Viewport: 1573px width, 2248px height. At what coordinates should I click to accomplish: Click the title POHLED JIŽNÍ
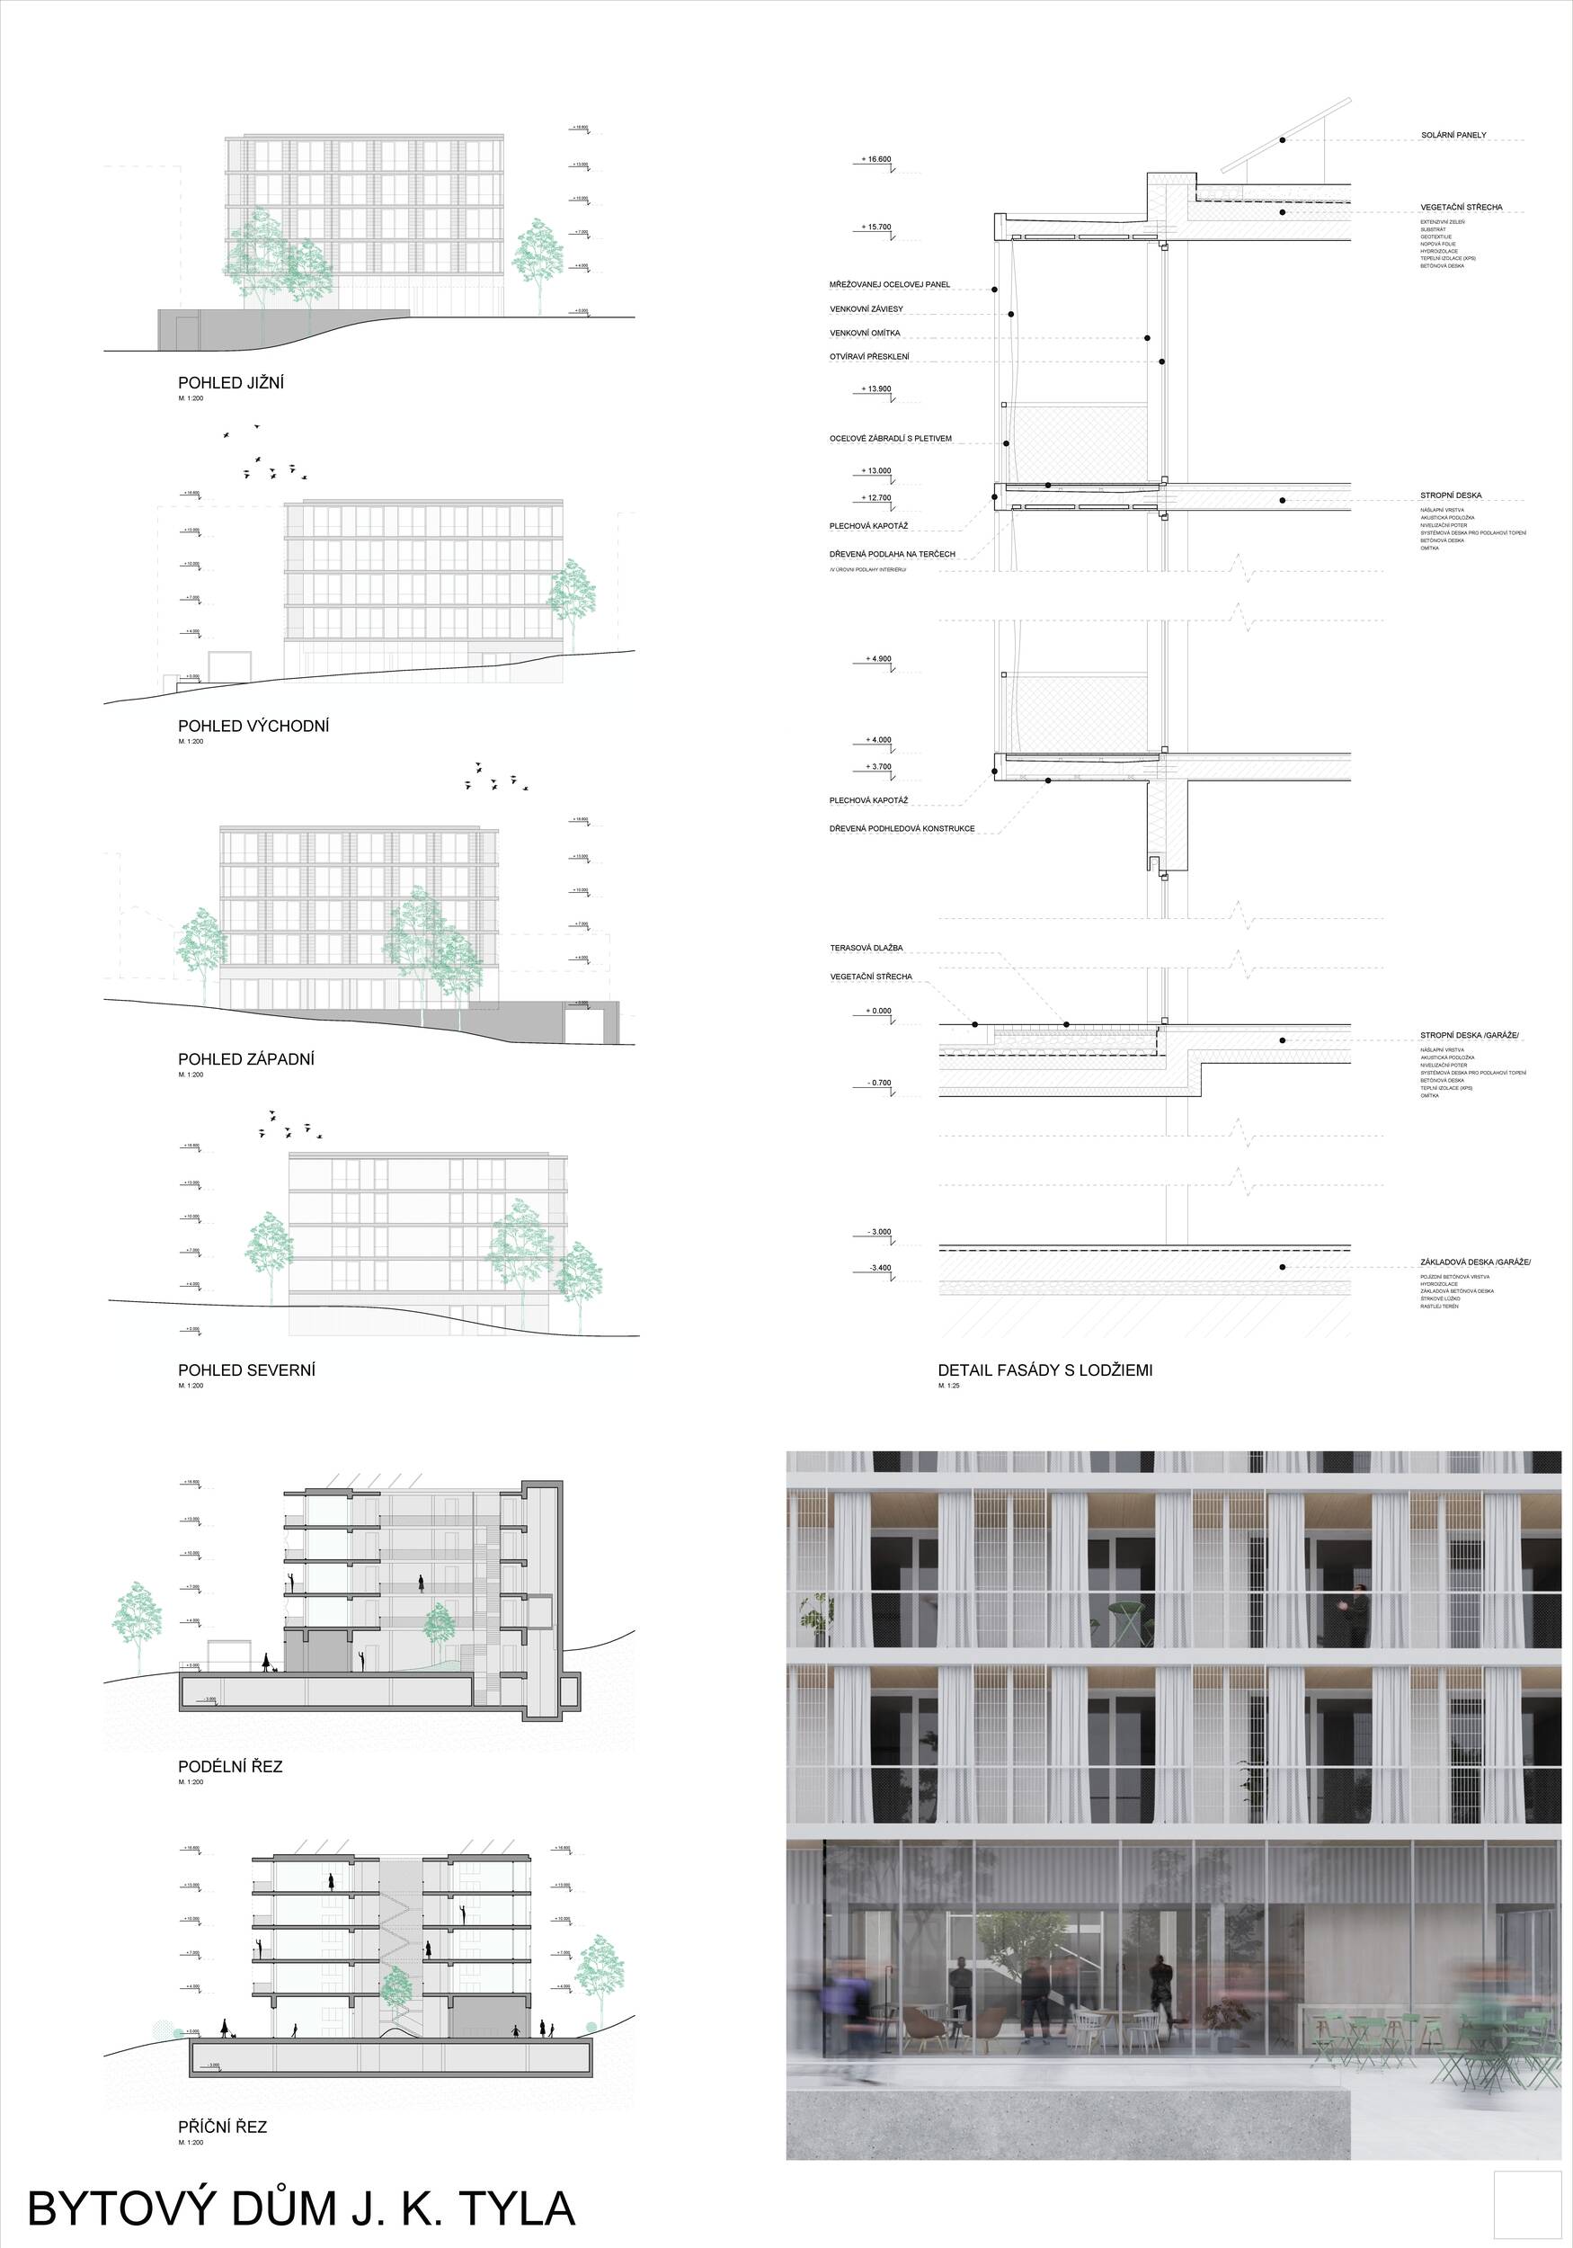pyautogui.click(x=231, y=383)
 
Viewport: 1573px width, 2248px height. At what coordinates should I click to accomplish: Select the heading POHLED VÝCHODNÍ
pyautogui.click(x=253, y=726)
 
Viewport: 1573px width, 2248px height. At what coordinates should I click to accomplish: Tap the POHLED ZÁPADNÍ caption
pyautogui.click(x=245, y=1058)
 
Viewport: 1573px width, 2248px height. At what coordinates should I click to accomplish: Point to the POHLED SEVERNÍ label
pyautogui.click(x=246, y=1369)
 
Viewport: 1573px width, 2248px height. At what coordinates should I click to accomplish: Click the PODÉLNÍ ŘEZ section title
pyautogui.click(x=230, y=1766)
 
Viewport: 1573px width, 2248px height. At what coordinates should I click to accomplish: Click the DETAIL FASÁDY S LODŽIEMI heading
pyautogui.click(x=1044, y=1369)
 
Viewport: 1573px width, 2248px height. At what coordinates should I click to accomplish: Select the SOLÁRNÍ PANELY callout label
pyautogui.click(x=1453, y=135)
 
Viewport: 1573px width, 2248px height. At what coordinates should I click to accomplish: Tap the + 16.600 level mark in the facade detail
pyautogui.click(x=876, y=158)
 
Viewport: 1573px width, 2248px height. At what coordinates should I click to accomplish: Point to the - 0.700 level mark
pyautogui.click(x=878, y=1083)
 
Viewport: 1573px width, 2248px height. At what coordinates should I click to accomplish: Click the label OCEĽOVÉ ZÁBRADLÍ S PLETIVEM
pyautogui.click(x=890, y=439)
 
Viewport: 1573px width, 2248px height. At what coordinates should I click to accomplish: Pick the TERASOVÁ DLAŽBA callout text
pyautogui.click(x=866, y=948)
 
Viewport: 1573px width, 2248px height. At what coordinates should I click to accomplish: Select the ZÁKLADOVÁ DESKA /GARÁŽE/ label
pyautogui.click(x=1475, y=1262)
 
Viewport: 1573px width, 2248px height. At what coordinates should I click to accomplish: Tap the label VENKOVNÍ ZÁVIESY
pyautogui.click(x=866, y=309)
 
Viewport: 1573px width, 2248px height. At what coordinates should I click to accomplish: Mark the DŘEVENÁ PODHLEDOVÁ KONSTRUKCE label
pyautogui.click(x=902, y=828)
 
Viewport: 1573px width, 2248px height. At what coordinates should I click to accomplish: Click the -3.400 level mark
pyautogui.click(x=878, y=1268)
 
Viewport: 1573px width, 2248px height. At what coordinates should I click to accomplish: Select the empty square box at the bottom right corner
pyautogui.click(x=1528, y=2204)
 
